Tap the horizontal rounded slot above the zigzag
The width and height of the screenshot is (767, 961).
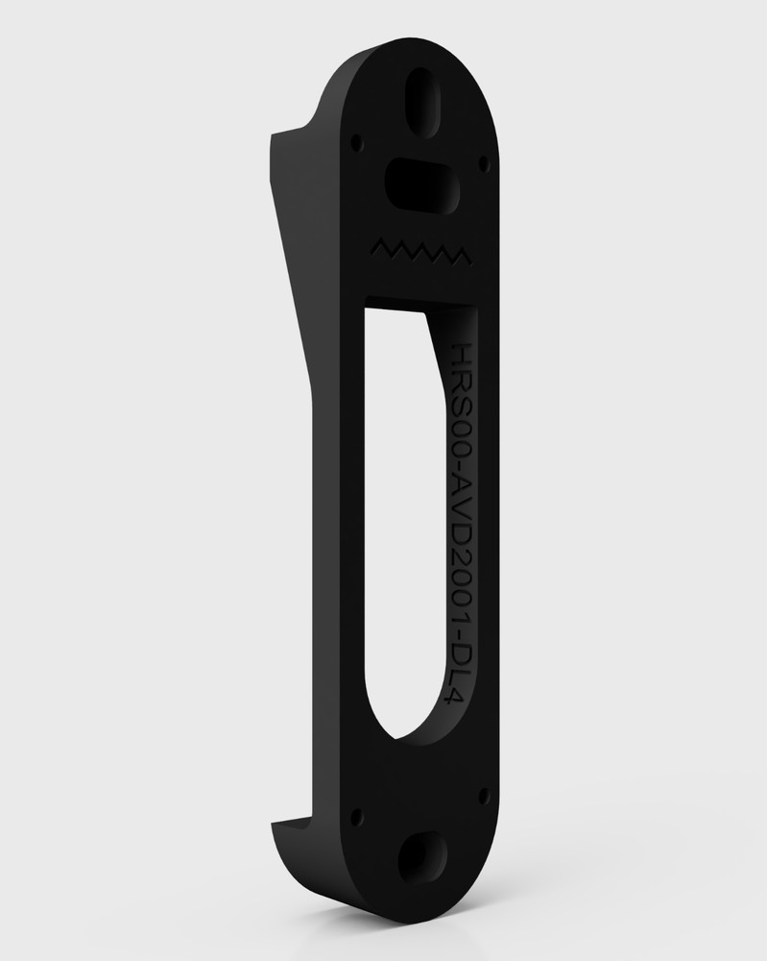(419, 182)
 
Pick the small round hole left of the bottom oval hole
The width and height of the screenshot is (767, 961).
(357, 818)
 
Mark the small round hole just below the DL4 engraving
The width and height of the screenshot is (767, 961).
(482, 795)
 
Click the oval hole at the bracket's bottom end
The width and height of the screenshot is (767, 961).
(420, 857)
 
